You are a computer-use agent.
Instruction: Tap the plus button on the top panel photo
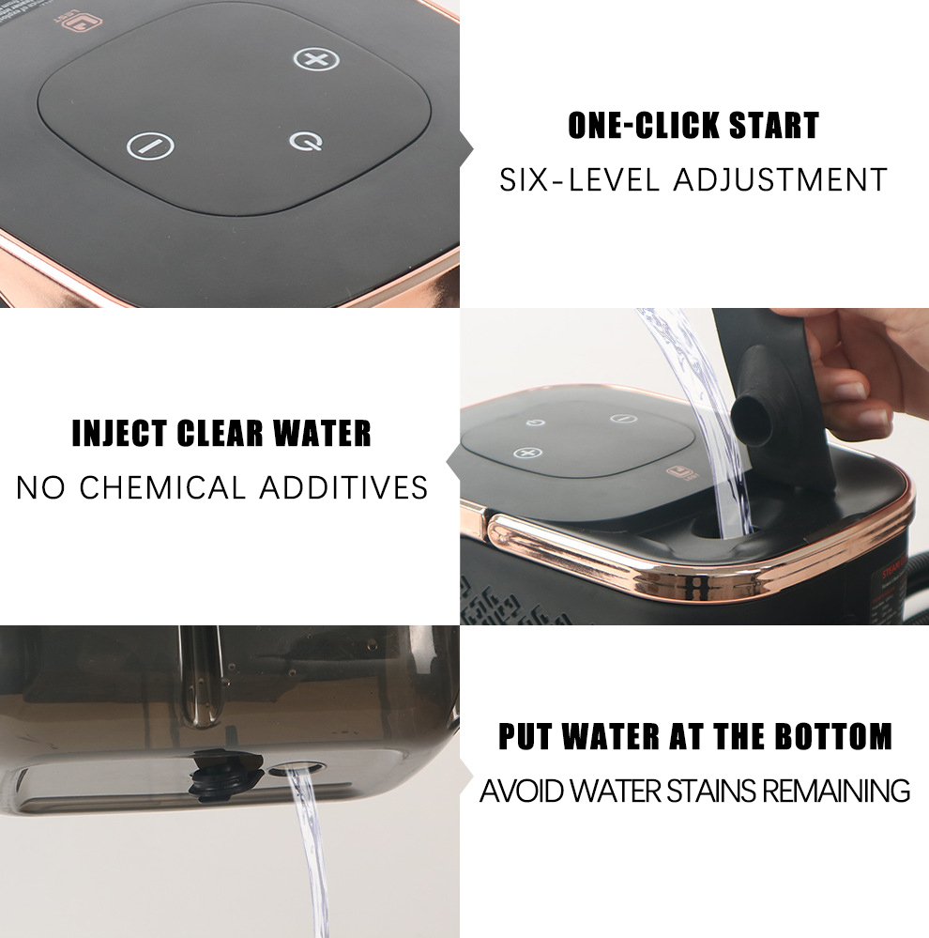[316, 59]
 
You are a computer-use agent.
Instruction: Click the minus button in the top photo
[150, 146]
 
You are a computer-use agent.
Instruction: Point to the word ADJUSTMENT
[780, 178]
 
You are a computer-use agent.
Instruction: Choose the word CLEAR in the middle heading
[222, 434]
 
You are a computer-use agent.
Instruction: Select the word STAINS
[711, 791]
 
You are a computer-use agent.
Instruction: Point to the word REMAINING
[835, 791]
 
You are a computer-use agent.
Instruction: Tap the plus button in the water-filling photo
[528, 454]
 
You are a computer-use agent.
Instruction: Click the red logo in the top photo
[74, 19]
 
